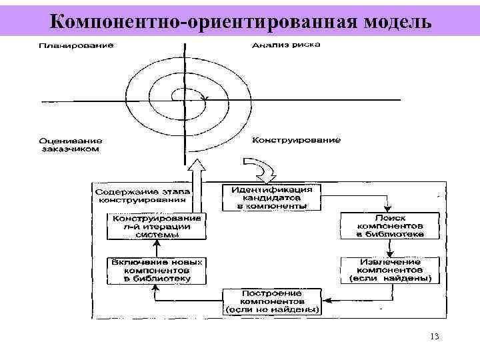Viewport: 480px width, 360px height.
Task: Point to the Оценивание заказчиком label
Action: point(70,145)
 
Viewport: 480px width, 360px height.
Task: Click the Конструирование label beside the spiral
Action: point(297,140)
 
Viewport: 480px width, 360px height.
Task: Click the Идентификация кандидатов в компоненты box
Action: point(271,197)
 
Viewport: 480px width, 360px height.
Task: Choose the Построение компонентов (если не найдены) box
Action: point(271,302)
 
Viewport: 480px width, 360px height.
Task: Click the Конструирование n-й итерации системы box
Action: point(157,227)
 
